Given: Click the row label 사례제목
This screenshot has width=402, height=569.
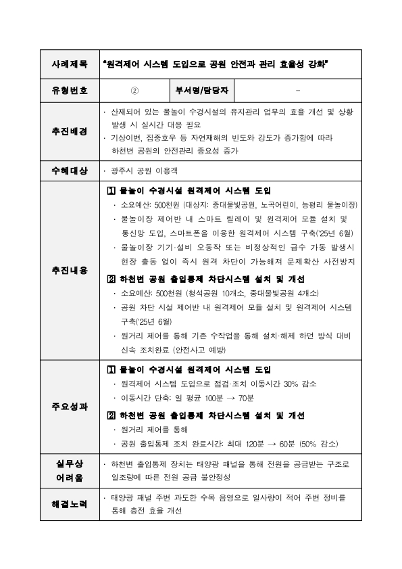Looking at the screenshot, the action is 70,65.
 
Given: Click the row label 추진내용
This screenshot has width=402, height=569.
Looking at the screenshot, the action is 70,270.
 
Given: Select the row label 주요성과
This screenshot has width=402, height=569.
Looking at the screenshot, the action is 70,407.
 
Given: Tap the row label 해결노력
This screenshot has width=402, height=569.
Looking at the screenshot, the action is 70,504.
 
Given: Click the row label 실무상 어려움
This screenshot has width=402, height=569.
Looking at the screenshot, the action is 70,471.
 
